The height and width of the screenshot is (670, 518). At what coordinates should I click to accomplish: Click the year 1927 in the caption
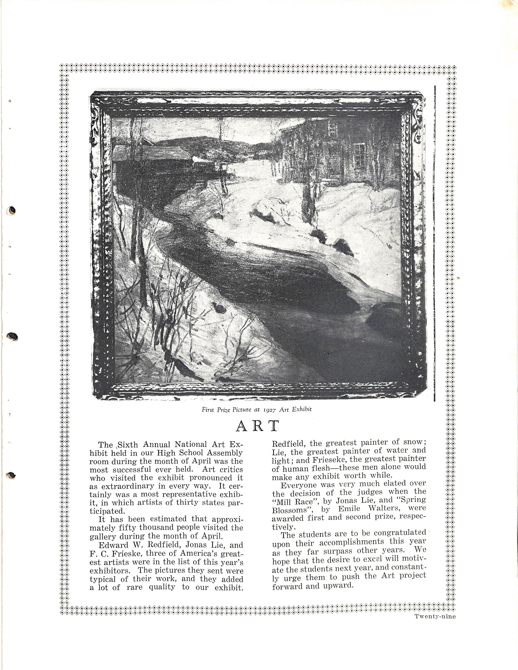[269, 409]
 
